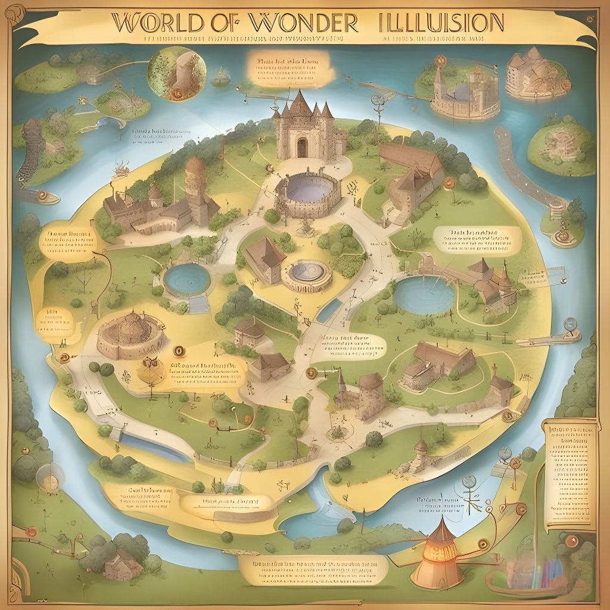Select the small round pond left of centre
tap(186, 279)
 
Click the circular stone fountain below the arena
tap(306, 274)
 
